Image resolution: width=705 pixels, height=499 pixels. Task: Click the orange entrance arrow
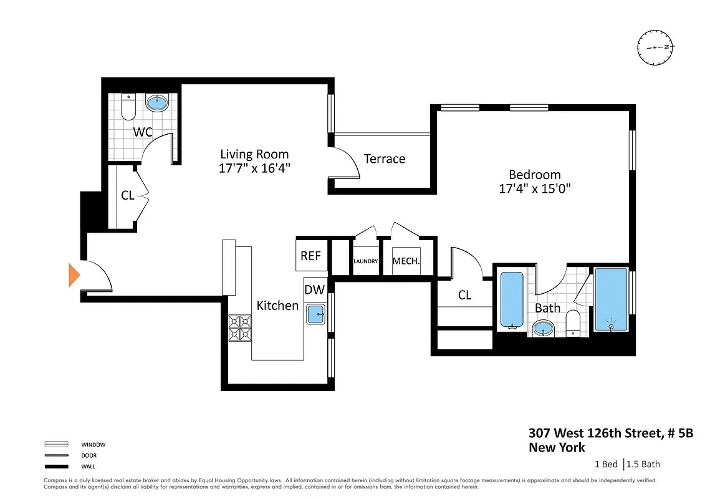point(74,275)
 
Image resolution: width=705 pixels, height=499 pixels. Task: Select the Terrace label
point(385,159)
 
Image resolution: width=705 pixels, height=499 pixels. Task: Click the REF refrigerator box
point(310,256)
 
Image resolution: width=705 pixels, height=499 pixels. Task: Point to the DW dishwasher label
point(314,290)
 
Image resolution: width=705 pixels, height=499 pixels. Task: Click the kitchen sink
point(316,313)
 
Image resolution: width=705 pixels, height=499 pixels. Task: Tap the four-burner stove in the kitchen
point(240,327)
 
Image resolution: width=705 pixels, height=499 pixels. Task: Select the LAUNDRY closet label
point(366,261)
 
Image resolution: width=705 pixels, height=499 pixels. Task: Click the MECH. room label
point(406,261)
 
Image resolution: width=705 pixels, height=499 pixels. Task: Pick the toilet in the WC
point(128,107)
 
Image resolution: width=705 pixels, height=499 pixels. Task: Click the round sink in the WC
point(156,102)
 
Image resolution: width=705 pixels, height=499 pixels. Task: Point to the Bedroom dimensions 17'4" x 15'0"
point(534,188)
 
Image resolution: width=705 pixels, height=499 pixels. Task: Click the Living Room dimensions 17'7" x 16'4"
point(255,168)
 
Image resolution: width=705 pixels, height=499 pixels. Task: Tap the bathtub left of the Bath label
point(512,300)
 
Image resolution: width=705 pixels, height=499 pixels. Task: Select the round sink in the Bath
point(544,328)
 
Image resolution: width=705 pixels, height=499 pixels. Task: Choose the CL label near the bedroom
point(464,295)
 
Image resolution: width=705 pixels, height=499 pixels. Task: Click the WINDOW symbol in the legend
point(56,445)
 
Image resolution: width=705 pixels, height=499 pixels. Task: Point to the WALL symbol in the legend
point(56,466)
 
